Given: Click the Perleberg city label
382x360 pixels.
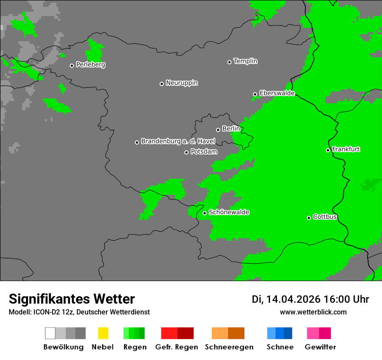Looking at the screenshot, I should click(x=90, y=65).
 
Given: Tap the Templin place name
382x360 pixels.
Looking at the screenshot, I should click(x=245, y=61).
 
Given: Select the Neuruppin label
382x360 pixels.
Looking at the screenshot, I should click(x=181, y=83).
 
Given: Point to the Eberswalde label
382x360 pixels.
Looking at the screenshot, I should click(x=277, y=93).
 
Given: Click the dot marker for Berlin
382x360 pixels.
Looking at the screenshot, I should click(x=218, y=130).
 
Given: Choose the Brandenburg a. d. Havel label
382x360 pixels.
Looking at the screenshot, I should click(x=178, y=141).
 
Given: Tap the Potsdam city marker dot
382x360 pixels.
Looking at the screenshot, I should click(x=186, y=152).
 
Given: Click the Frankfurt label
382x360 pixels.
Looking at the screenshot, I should click(x=346, y=149).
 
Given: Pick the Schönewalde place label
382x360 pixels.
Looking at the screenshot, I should click(x=229, y=212).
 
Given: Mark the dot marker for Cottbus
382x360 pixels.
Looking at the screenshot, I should click(x=309, y=218).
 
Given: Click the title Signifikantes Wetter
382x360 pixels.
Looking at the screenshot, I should click(x=72, y=299).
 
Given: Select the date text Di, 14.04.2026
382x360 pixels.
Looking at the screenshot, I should click(x=286, y=299).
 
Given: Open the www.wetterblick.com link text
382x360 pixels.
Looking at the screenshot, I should click(x=313, y=312).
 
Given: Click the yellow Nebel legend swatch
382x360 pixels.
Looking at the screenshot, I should click(x=103, y=333).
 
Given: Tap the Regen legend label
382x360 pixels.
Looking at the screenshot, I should click(x=134, y=347).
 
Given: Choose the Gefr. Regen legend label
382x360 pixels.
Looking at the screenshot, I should click(x=177, y=347).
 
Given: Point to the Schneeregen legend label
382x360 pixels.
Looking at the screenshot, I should click(x=229, y=347).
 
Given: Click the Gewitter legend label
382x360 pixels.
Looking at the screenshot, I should click(x=320, y=347).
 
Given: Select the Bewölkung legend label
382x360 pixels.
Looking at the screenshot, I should click(x=63, y=347).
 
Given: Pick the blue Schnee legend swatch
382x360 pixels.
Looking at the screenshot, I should click(x=280, y=333).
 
